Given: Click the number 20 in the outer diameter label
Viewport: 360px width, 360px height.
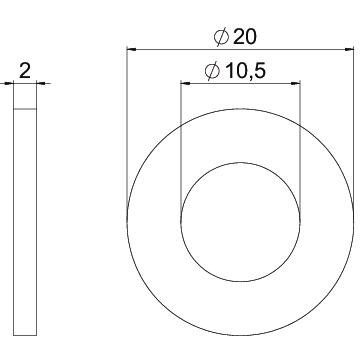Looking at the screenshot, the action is click(245, 37).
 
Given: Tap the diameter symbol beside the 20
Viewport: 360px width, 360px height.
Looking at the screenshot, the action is click(222, 37).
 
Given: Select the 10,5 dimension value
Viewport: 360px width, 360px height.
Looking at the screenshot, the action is click(245, 71).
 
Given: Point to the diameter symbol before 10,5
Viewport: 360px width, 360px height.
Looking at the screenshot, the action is click(213, 71).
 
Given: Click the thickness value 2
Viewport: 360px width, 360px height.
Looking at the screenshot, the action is click(25, 71).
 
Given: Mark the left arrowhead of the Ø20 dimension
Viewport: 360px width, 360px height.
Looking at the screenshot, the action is click(132, 49).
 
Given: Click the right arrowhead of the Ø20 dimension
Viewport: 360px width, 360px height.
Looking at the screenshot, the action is click(349, 49).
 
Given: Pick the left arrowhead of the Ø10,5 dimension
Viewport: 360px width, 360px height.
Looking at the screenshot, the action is click(185, 83).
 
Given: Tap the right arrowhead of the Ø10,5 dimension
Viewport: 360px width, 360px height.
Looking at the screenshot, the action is click(296, 83).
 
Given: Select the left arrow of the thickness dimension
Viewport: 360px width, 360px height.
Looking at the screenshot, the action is click(9, 83).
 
